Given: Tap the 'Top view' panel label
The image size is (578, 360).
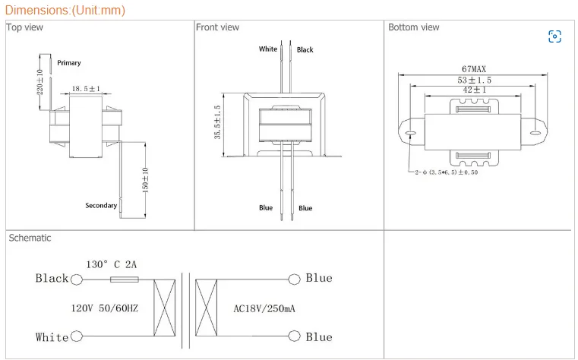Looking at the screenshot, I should point(25,27).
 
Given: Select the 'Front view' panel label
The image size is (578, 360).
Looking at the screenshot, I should point(217,27).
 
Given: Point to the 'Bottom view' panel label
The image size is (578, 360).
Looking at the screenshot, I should point(413,27).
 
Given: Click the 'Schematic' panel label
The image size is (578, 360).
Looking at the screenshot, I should point(30,238).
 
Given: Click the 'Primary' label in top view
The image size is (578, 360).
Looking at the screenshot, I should point(68,63).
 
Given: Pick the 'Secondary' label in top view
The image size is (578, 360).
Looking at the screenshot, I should point(101,206).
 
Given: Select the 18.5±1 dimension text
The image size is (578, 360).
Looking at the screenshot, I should point(86,89).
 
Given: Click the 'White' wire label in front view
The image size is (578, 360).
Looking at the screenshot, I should point(268,49).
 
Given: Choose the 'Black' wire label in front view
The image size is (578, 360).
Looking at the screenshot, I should point(305,50).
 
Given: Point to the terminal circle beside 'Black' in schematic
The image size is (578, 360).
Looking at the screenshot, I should point(76,279).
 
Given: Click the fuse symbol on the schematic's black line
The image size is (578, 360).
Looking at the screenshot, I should point(124,279).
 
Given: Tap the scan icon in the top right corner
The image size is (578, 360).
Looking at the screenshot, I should point(554,36).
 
